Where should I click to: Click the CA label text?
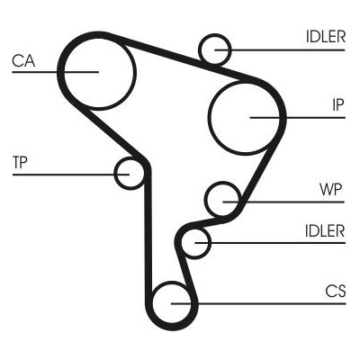tap(23, 61)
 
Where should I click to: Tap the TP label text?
tap(20, 163)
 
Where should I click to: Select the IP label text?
tap(337, 104)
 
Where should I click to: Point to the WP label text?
tap(330, 190)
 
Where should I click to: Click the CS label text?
tap(336, 291)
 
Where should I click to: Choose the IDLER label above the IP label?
tap(326, 37)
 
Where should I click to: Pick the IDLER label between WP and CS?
tap(325, 231)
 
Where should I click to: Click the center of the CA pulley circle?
tap(99, 72)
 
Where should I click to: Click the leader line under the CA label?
tap(55, 72)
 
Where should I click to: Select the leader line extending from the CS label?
tap(258, 303)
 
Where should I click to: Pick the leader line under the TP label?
tap(71, 175)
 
